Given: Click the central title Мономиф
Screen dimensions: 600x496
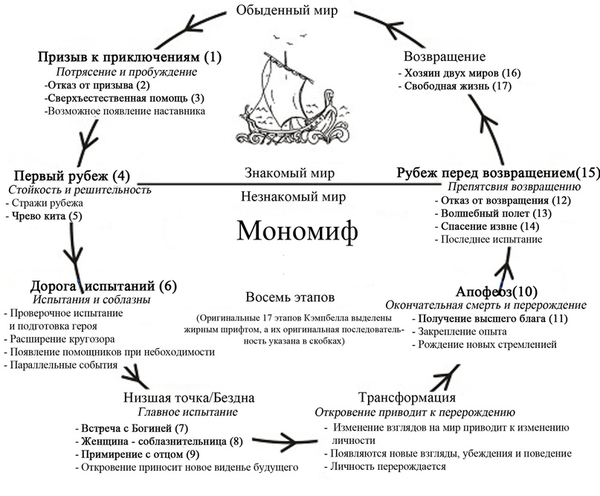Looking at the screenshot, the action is [x=297, y=231].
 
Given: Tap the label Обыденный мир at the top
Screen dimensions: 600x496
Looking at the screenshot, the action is [x=287, y=10].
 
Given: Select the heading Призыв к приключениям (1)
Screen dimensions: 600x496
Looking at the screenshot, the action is [x=129, y=57].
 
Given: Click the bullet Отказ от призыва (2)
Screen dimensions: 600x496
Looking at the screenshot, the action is [x=97, y=85].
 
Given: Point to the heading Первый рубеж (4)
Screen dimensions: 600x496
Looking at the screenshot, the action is [x=72, y=175].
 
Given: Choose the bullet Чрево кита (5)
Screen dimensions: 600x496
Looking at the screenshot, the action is [x=44, y=216].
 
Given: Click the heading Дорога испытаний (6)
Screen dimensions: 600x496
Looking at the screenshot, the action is [x=103, y=286].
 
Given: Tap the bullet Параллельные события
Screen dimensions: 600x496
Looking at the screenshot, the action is [x=61, y=364].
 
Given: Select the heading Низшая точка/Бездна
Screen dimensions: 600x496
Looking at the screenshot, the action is [x=189, y=397].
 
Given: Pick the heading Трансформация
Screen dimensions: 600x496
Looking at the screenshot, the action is [x=407, y=397].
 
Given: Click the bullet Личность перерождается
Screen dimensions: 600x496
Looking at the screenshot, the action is [x=385, y=466].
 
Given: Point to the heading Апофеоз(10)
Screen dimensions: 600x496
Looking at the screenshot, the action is [x=497, y=292].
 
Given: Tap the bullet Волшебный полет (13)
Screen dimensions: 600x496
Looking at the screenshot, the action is [x=493, y=213].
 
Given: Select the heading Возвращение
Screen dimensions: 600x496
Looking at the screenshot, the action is [x=445, y=57].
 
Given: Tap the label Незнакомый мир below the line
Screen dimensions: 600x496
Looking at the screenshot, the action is [x=293, y=197].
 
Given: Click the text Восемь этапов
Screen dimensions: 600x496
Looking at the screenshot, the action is [x=290, y=297].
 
